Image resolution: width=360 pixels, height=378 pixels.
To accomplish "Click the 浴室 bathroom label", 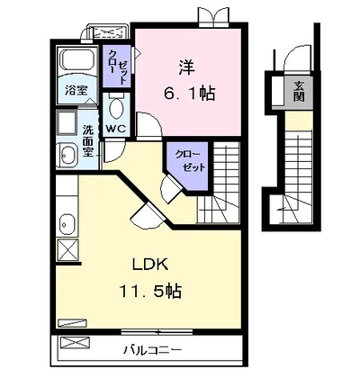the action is click(76, 90).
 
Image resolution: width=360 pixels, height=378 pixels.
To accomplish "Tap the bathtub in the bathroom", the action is click(77, 61).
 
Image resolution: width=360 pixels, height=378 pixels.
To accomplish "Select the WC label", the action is click(115, 129).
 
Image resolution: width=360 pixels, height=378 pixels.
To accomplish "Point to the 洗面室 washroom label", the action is click(88, 140).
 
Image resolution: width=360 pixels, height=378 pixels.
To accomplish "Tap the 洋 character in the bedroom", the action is click(187, 67).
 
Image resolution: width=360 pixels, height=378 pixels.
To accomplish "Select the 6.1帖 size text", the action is click(189, 94).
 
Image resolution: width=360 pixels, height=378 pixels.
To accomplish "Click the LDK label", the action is click(150, 265).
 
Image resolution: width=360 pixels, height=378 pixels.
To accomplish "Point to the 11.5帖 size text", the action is click(150, 291).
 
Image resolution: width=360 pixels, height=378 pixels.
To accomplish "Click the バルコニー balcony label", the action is click(153, 350).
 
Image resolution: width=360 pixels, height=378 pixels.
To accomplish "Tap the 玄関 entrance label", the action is click(299, 91).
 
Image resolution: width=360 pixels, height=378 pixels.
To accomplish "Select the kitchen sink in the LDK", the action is click(67, 224).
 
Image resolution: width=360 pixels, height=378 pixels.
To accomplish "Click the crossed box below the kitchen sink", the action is click(67, 250).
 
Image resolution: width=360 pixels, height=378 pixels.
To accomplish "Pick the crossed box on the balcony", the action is click(75, 343).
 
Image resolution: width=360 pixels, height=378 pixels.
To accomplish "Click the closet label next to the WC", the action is click(117, 67).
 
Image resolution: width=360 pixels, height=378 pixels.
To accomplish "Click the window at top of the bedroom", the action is click(213, 15).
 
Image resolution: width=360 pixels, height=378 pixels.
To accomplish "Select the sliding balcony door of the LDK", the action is click(157, 332).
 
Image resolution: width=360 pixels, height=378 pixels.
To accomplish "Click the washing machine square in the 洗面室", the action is click(67, 123).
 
